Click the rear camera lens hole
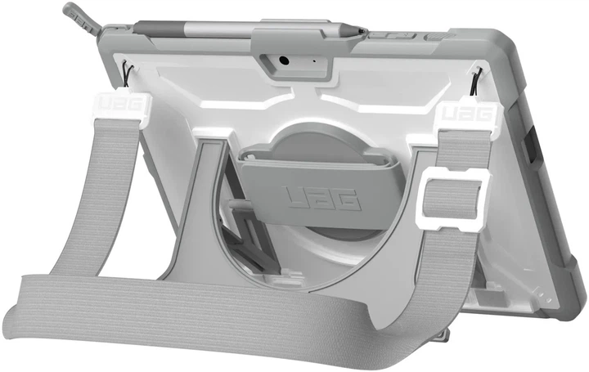284,60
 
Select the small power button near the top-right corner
443,35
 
